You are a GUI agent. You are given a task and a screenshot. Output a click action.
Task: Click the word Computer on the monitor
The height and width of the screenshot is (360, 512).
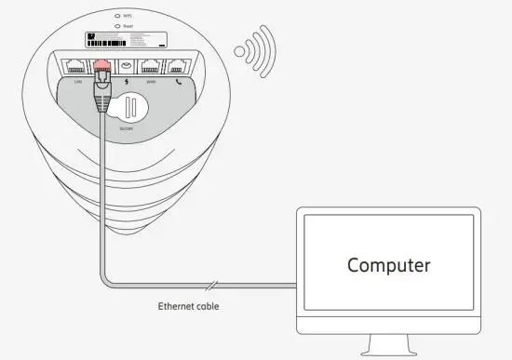point(389,265)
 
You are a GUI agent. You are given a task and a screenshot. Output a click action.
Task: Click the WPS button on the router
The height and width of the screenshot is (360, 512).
point(116,16)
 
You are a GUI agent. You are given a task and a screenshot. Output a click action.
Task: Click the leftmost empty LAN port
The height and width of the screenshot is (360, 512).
point(74,66)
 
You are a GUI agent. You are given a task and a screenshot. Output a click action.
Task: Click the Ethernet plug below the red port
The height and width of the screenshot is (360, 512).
point(103,89)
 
